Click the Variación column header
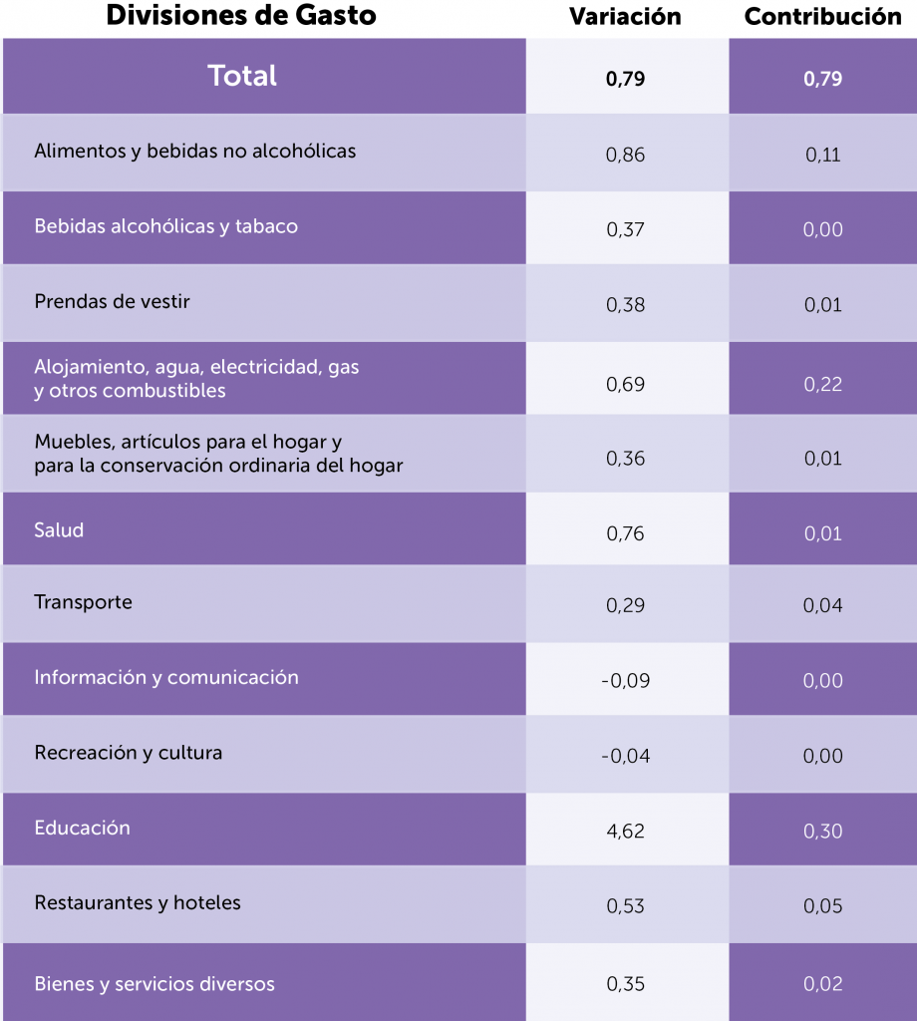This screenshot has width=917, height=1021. coord(625,17)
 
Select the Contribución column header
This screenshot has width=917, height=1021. coord(822,17)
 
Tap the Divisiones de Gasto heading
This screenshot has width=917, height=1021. coord(240,16)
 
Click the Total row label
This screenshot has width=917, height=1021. coord(242,76)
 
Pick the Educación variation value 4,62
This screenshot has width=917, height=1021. coord(625,831)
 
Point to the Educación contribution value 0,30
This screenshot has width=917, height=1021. coord(823,831)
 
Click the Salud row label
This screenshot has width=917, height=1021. coord(59,530)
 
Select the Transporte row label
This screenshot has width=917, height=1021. coord(83,602)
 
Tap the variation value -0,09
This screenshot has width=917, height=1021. coord(625,681)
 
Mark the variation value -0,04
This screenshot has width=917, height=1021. coord(625,756)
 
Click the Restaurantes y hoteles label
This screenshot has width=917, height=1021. coord(138,903)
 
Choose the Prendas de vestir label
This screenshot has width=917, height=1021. coord(112,301)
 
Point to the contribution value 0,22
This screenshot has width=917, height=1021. coord(823,384)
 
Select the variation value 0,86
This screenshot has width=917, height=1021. coord(625,155)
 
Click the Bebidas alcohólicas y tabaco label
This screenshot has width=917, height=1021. coord(165,226)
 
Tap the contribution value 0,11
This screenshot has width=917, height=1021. coord(823,155)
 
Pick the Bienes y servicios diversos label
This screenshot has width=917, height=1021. coord(154,984)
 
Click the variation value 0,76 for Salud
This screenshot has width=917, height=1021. coord(625,533)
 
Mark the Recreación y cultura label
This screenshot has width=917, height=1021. coord(128,753)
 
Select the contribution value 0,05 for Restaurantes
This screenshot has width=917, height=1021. coord(823,906)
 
